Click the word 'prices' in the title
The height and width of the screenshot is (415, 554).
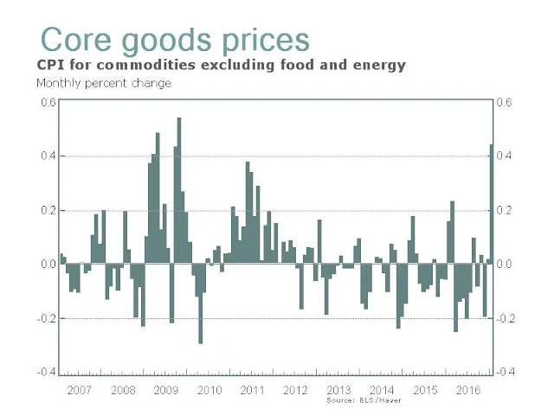click(x=261, y=40)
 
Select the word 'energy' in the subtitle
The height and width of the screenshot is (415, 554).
click(x=378, y=65)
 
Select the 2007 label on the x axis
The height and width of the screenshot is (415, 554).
click(x=80, y=390)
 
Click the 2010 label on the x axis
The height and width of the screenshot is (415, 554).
click(x=209, y=390)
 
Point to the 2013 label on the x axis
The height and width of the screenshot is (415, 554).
click(x=339, y=390)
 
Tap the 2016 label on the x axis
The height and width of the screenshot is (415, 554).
click(x=468, y=390)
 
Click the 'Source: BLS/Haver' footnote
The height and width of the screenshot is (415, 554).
click(x=360, y=401)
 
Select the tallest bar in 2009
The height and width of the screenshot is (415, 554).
click(x=178, y=190)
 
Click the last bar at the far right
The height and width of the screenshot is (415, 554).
click(x=492, y=204)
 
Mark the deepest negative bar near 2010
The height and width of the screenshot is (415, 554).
click(x=200, y=303)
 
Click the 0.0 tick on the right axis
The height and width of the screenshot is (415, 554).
click(x=506, y=264)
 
